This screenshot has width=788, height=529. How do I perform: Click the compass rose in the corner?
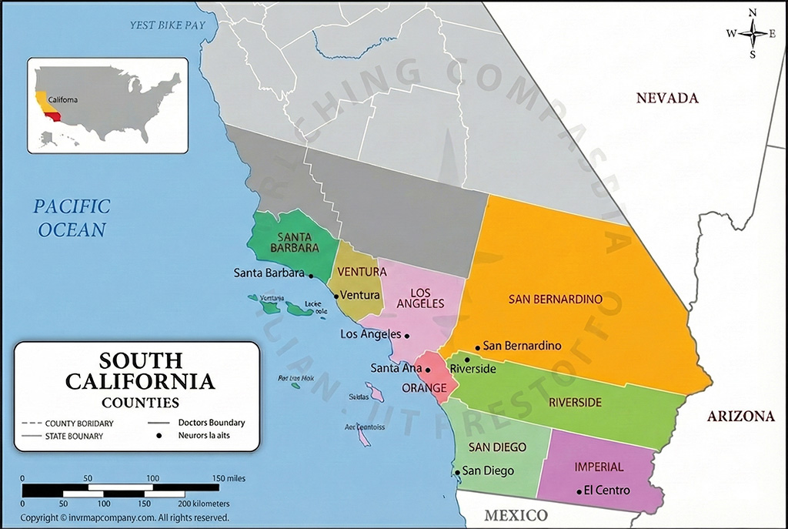753,32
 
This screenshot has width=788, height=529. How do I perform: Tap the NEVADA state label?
666,98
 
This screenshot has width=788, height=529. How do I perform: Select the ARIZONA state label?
740,417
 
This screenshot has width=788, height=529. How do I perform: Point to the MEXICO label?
516,514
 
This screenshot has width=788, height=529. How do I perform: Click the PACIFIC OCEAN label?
71,217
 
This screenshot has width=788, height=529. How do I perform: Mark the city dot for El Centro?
579,491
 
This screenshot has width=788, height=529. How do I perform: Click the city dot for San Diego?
456,472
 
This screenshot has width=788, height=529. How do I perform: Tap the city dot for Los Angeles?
407,335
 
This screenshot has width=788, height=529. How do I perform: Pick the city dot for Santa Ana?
428,369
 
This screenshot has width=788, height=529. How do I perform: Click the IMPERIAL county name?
599,467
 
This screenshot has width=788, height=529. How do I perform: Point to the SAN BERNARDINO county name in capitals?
555,299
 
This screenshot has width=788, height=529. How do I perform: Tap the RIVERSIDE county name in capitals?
575,402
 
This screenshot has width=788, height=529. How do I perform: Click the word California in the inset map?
62,100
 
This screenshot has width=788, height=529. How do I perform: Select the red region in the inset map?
54,116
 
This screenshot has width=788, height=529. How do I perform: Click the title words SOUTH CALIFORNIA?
139,370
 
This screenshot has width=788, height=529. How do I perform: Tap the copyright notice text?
124,518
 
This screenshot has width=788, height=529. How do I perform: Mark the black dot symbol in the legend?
159,436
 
